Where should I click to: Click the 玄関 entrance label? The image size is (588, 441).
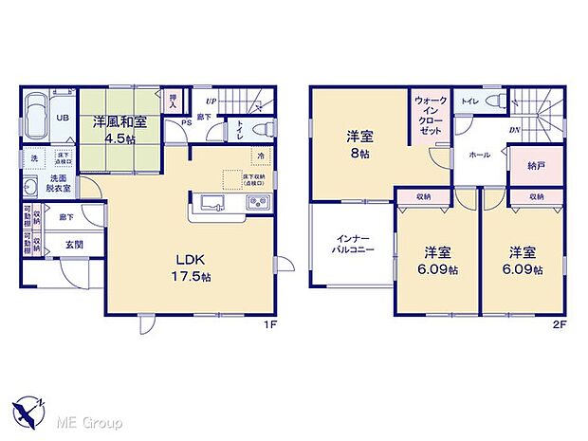[74, 244]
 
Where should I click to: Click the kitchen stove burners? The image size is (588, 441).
[258, 203]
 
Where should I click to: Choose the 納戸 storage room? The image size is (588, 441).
[537, 166]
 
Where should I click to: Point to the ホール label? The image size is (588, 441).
[479, 155]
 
